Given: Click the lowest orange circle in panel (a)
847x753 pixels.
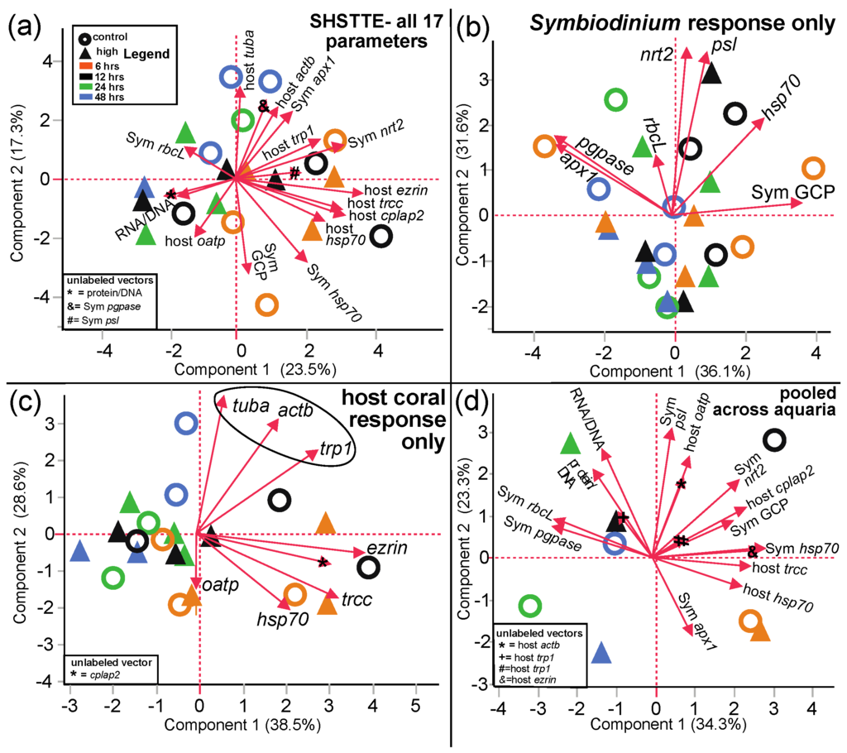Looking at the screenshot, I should coord(266,305).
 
